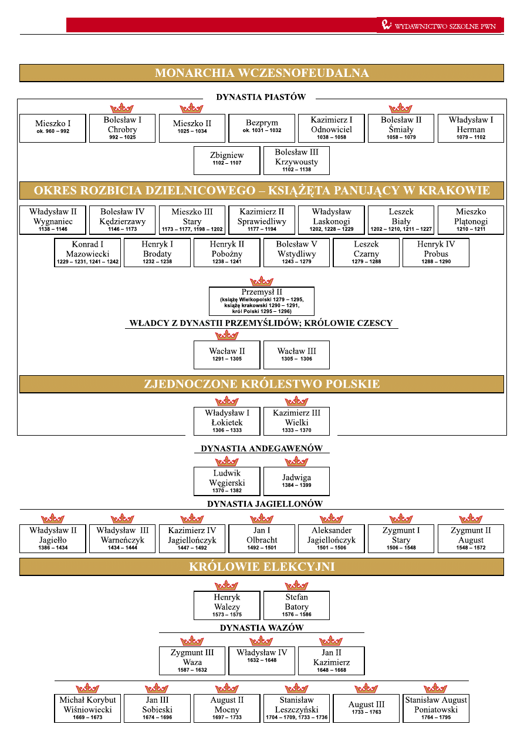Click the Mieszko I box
pyautogui.click(x=52, y=128)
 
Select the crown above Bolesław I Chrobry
pyautogui.click(x=122, y=108)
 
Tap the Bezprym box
pyautogui.click(x=262, y=128)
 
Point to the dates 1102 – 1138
pyautogui.click(x=296, y=170)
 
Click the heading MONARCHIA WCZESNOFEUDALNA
pyautogui.click(x=262, y=73)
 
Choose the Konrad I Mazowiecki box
pyautogui.click(x=87, y=252)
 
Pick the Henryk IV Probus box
pyautogui.click(x=435, y=252)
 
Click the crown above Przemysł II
pyautogui.click(x=262, y=281)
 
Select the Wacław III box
pyautogui.click(x=296, y=355)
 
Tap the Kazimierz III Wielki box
pyautogui.click(x=296, y=421)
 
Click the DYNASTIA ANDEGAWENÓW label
pyautogui.click(x=262, y=449)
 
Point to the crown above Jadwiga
pyautogui.click(x=296, y=462)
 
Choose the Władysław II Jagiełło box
pyautogui.click(x=52, y=538)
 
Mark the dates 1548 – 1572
pyautogui.click(x=471, y=548)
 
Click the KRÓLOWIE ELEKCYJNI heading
pyautogui.click(x=262, y=567)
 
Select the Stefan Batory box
pyautogui.click(x=296, y=605)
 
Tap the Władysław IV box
pyautogui.click(x=262, y=661)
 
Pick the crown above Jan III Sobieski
pyautogui.click(x=157, y=688)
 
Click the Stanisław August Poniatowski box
pyautogui.click(x=435, y=708)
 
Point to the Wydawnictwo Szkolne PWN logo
pyautogui.click(x=440, y=25)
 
